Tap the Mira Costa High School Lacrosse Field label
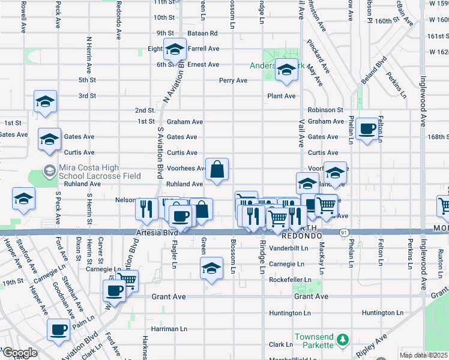(x=100, y=172)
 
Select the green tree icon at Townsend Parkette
(x=342, y=341)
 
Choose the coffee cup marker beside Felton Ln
(x=367, y=129)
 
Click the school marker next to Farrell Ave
(x=175, y=50)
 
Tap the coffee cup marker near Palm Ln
(x=59, y=330)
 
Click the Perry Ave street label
(x=233, y=80)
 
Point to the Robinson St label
(x=325, y=110)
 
